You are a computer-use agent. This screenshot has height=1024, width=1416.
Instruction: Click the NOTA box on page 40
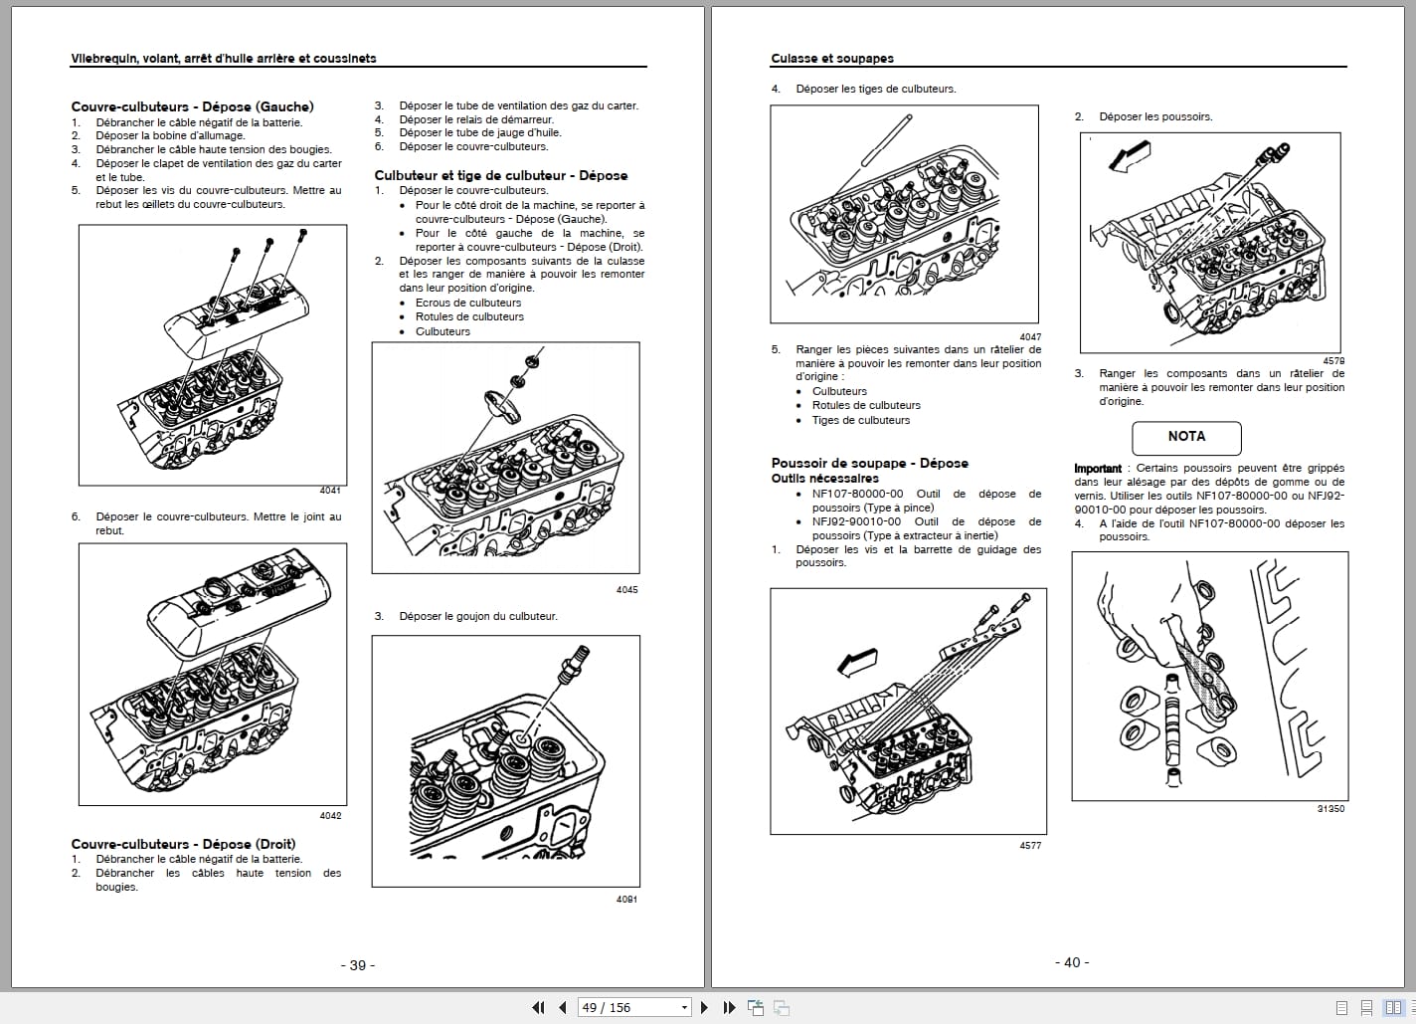[x=1186, y=437]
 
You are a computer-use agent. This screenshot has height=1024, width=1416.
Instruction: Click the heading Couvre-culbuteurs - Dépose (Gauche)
[x=192, y=106]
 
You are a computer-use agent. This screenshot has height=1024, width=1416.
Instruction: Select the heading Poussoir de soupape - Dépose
[x=869, y=463]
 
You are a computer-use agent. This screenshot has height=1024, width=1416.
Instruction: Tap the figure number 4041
[x=330, y=491]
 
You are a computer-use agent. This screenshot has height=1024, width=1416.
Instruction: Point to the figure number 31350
[x=1329, y=809]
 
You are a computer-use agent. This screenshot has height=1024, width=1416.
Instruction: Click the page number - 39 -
[x=358, y=965]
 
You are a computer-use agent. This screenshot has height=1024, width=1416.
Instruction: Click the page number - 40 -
[x=1072, y=962]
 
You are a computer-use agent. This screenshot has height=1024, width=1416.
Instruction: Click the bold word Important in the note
[x=1097, y=469]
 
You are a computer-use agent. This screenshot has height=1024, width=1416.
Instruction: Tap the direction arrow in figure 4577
[x=858, y=661]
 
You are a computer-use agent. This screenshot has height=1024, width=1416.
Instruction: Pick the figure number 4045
[x=626, y=590]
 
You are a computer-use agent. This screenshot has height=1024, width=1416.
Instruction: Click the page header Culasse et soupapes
[x=832, y=59]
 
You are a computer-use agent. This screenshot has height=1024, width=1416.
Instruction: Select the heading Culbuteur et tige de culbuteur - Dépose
[x=500, y=175]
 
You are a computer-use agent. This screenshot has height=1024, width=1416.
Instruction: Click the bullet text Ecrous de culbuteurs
[x=467, y=303]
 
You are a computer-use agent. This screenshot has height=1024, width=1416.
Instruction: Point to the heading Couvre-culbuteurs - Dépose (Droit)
[x=183, y=844]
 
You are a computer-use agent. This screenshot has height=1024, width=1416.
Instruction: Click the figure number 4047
[x=1030, y=337]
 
